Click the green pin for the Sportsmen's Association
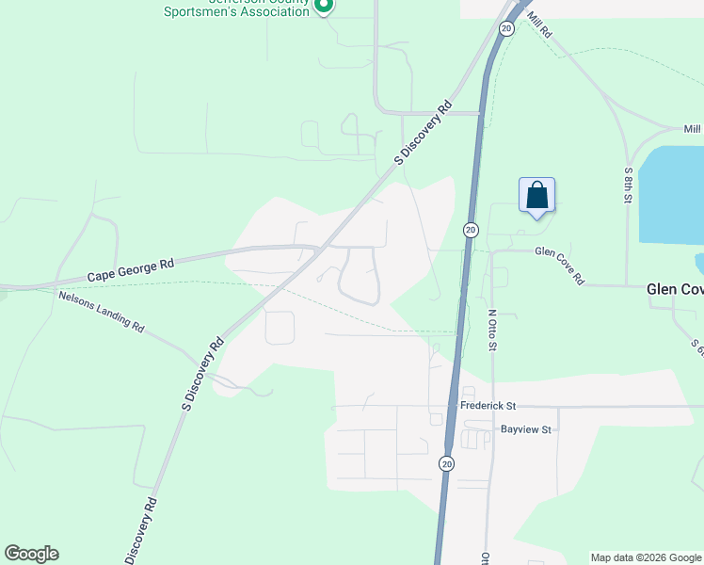coord(323,6)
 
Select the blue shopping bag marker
coord(536,196)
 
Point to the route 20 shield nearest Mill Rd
coord(506,29)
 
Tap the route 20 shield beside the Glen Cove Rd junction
coord(471,230)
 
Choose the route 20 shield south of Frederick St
coord(445,463)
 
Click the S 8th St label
coord(629,189)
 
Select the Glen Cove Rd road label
coord(560,266)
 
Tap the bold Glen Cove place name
coord(675,290)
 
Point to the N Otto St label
coord(491,330)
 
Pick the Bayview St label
coord(525,429)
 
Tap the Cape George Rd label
coord(131,271)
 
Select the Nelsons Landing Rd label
coord(101,312)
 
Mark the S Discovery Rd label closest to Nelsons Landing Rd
coord(202,374)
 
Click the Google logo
coord(31,554)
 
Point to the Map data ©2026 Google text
coord(647,557)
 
